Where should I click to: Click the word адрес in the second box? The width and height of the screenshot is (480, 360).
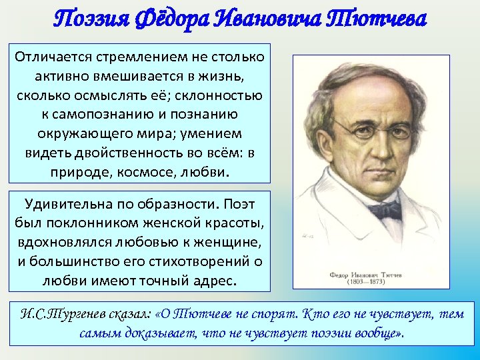213,279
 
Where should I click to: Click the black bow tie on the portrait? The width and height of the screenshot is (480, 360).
385,211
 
